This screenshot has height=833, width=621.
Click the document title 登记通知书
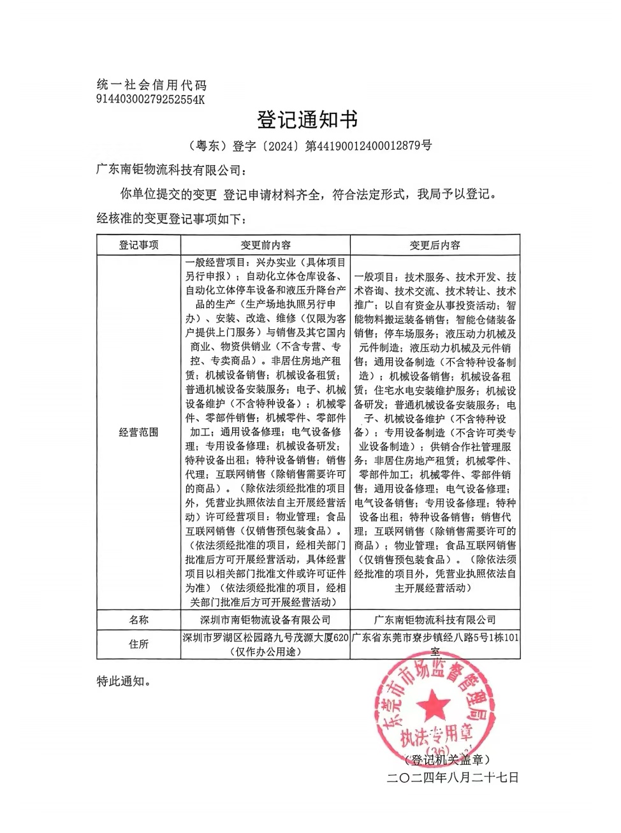pos(307,119)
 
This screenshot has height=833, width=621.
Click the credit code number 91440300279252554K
pos(150,99)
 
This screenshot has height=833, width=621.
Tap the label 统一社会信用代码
pos(152,85)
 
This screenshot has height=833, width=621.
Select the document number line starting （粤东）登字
pos(310,146)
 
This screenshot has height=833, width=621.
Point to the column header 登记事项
pos(138,245)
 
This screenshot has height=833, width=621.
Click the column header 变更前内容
pos(265,245)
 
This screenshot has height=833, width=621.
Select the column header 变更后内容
pos(434,245)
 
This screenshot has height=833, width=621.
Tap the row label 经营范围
pos(138,432)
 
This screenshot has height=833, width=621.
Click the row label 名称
pos(138,619)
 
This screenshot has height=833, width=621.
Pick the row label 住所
pos(138,644)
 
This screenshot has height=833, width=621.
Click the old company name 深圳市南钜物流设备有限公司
pos(265,619)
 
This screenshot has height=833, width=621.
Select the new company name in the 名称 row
pos(434,619)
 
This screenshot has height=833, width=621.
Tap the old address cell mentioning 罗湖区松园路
pos(265,644)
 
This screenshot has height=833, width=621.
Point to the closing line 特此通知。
pos(125,681)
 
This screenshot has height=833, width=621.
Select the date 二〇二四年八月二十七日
pos(453,777)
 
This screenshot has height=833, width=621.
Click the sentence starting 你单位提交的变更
pos(308,194)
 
